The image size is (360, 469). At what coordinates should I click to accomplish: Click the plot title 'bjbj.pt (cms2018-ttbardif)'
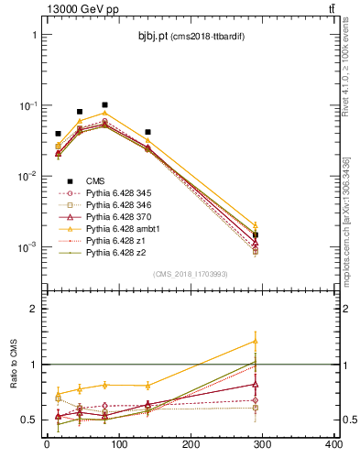coord(191,35)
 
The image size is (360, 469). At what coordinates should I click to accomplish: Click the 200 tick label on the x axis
coord(191,446)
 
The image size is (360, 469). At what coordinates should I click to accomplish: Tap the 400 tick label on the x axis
coord(333,446)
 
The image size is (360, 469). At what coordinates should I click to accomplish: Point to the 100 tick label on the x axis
coord(118,446)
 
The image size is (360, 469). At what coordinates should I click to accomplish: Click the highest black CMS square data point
coord(105,105)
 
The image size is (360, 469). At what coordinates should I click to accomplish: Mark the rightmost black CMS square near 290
coord(256,235)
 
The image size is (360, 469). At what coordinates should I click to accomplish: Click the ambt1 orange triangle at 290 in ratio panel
coord(256,342)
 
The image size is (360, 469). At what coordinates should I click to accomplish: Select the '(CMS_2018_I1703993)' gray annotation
coord(191,274)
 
